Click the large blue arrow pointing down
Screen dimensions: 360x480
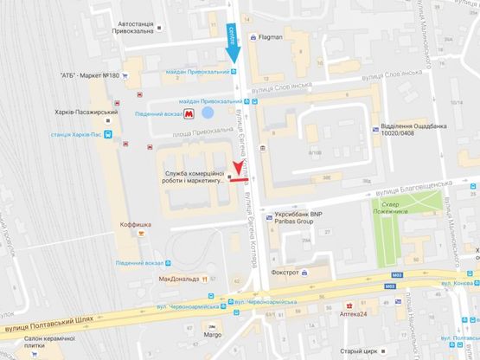(233, 42)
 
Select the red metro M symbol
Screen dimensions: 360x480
(202, 112)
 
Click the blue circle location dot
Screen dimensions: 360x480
(208, 112)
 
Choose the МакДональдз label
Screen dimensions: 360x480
(179, 280)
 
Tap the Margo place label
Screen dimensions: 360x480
(212, 335)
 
